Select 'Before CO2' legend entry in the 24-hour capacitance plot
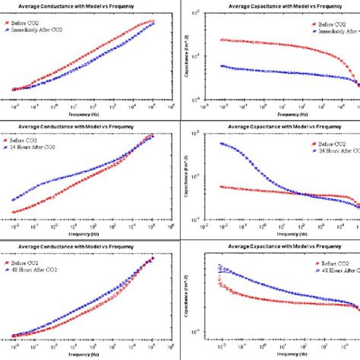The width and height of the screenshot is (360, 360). point(319,143)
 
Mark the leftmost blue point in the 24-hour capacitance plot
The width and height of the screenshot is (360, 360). point(220,144)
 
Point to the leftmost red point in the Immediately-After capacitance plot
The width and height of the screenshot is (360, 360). point(220,39)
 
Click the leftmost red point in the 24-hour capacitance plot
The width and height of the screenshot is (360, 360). point(220,186)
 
